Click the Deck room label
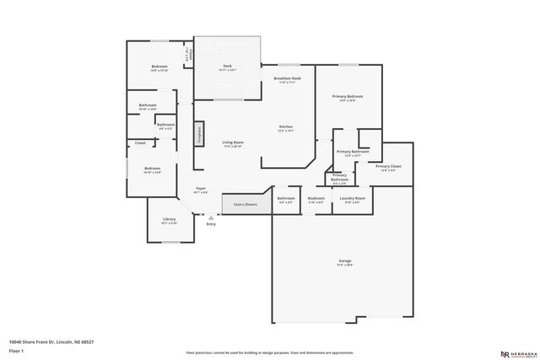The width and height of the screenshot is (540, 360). coord(227,66)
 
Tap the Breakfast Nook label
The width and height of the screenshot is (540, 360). coord(286,78)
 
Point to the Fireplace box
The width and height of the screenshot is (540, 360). coord(200,133)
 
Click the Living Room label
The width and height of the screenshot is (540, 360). coord(233,143)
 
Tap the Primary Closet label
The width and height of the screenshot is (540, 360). coord(388,168)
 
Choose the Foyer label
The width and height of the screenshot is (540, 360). coord(201,189)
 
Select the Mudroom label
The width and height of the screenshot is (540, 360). coord(316,200)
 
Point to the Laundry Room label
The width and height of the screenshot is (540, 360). coord(352,200)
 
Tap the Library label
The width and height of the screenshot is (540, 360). coord(170,221)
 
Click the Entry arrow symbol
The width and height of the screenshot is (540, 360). coord(210,217)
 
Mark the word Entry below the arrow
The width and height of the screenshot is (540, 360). coord(210,223)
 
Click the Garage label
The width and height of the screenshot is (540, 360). coord(345,262)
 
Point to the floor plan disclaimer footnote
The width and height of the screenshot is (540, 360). coord(269,352)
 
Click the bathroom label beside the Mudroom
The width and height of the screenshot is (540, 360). coord(286,200)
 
